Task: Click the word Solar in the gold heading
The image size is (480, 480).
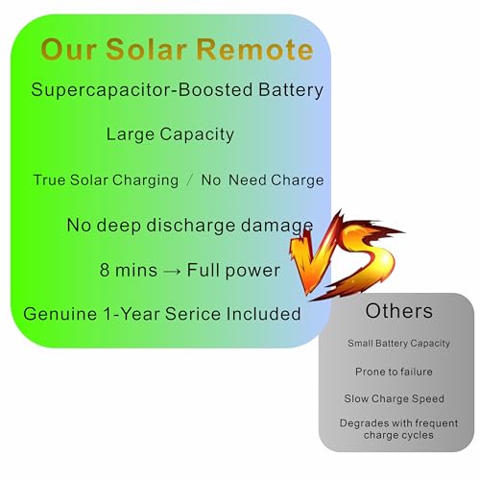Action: tap(146, 49)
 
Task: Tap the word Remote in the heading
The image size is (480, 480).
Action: tap(254, 49)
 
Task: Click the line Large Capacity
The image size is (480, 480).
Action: tap(170, 134)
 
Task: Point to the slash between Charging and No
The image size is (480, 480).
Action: tap(190, 180)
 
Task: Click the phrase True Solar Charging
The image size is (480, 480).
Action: tap(106, 180)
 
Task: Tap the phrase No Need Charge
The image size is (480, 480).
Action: tap(262, 180)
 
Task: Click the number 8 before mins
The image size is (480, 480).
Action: tap(105, 270)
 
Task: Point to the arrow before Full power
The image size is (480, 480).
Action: tap(172, 271)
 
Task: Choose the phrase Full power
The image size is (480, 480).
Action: tap(233, 271)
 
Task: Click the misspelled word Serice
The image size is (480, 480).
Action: tap(193, 314)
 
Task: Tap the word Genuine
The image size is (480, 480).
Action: tap(60, 314)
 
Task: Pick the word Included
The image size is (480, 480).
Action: tap(263, 314)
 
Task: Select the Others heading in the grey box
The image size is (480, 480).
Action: tap(399, 311)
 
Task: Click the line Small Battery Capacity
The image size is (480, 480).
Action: tap(398, 344)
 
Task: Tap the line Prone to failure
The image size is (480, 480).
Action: tap(394, 372)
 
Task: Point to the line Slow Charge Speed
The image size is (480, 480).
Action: tap(394, 398)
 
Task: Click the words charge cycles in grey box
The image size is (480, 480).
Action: tap(398, 435)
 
